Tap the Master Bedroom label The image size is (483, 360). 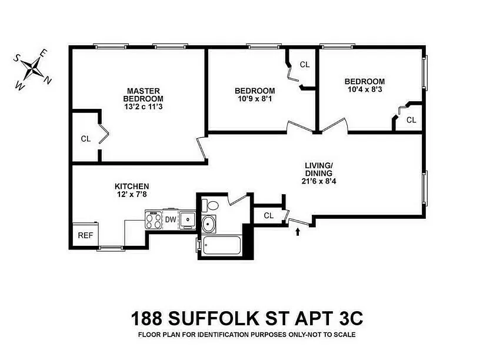144,99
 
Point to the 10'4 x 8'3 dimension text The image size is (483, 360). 365,90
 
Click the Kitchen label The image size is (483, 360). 132,186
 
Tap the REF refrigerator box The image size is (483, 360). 85,235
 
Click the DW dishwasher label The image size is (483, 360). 171,220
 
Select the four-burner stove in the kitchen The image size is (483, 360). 154,220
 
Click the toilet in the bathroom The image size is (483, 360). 210,206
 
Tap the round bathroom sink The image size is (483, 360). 209,225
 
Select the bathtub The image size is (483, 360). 221,246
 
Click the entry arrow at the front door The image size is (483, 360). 298,232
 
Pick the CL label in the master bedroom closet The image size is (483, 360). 85,139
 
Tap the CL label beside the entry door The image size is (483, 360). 268,215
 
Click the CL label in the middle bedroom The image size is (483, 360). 305,64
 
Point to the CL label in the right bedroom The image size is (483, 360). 411,120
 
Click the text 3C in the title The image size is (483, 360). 348,319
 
